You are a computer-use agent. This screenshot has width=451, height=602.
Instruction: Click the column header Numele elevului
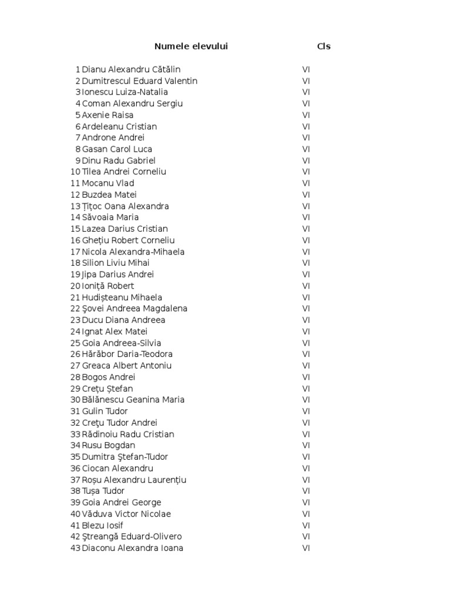coord(191,46)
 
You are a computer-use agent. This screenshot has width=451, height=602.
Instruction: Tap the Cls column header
coord(324,46)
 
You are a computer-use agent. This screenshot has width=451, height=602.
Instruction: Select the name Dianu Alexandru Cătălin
coord(131,69)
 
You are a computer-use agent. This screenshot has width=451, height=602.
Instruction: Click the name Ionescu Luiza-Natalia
coord(124,92)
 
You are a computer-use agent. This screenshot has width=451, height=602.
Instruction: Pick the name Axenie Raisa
coord(107,115)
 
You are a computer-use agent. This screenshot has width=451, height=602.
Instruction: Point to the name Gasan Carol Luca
coord(117,149)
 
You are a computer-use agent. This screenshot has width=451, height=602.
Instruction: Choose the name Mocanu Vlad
coord(108,183)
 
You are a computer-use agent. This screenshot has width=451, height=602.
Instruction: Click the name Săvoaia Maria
coord(110,218)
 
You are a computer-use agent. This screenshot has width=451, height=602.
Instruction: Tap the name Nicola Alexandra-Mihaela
coord(133,252)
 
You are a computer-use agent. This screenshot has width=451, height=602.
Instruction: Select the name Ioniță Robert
coord(108,286)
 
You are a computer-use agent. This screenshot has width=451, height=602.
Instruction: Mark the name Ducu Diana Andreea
coord(123,320)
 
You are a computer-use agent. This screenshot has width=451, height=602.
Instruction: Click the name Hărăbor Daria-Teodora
coord(127,354)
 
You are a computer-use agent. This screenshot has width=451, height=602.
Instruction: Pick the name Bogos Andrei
coord(109,377)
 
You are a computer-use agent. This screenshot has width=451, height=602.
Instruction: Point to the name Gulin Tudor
coord(105,411)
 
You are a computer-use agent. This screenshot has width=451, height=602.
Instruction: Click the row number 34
coord(75,445)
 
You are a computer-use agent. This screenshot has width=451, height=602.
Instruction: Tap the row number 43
coord(75,548)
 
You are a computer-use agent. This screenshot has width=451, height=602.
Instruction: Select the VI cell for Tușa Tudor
coord(306,491)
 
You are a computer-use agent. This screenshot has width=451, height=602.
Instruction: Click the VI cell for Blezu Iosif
coord(306,525)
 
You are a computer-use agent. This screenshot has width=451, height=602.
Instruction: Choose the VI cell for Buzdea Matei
coord(306,195)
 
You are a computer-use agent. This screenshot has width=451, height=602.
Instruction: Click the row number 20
coord(75,286)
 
